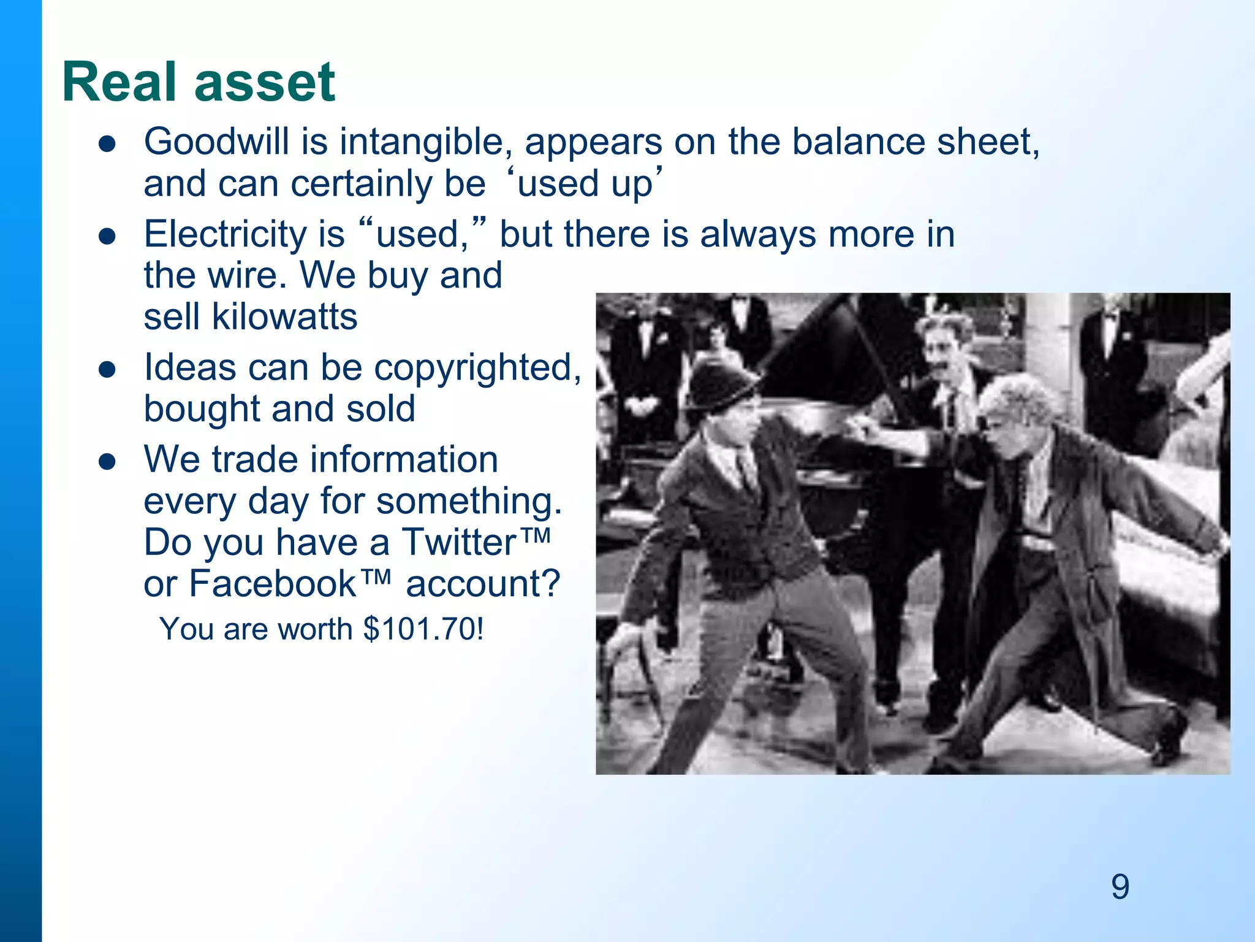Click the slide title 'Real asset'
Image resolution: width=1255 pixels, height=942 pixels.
pyautogui.click(x=198, y=82)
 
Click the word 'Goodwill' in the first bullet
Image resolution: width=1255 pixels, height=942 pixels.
pyautogui.click(x=216, y=142)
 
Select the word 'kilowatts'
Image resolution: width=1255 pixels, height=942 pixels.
pyautogui.click(x=284, y=317)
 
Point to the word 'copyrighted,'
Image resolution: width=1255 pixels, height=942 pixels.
pyautogui.click(x=477, y=368)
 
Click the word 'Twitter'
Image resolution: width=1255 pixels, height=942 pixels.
pyautogui.click(x=459, y=542)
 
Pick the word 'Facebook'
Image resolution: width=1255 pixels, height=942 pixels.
pyautogui.click(x=272, y=583)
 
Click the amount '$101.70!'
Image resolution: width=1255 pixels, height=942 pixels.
pyautogui.click(x=423, y=629)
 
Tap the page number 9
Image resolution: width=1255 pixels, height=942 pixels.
pyautogui.click(x=1120, y=887)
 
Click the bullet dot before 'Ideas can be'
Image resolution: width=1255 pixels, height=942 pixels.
pyautogui.click(x=107, y=370)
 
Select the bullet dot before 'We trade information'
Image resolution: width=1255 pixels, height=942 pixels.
pyautogui.click(x=107, y=462)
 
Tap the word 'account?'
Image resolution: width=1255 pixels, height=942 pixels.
pyautogui.click(x=482, y=583)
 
